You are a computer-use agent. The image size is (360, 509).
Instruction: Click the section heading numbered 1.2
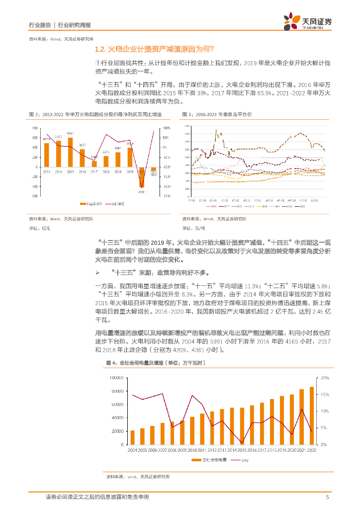point(154,49)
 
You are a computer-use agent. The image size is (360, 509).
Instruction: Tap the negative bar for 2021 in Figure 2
point(142,176)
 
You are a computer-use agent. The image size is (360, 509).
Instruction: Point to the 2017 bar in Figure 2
point(94,164)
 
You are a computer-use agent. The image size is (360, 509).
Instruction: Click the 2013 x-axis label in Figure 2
point(46,171)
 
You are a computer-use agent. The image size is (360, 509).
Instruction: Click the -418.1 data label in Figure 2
point(141,191)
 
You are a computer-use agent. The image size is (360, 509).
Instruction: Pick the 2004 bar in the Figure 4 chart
point(132,437)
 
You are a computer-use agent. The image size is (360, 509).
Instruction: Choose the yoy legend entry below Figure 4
point(245,460)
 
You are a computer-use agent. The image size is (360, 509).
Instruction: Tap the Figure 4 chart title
point(156,363)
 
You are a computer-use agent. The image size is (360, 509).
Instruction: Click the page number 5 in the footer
point(327,497)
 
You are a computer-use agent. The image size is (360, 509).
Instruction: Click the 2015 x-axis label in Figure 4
point(242,450)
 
